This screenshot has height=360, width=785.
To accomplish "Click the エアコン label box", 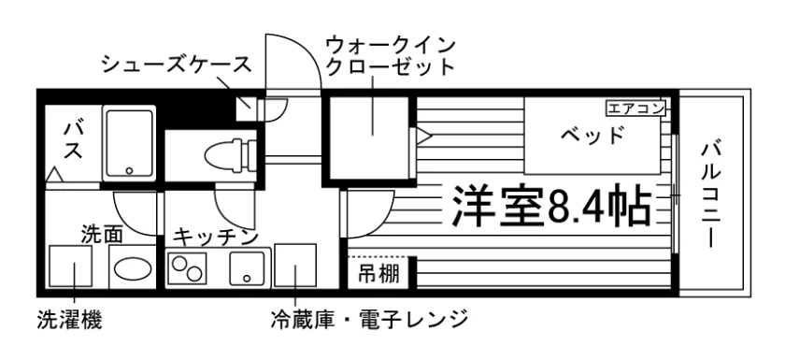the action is point(635,108).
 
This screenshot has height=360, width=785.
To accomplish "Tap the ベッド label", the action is point(592,136).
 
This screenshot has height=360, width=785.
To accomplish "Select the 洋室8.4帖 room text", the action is point(551,207).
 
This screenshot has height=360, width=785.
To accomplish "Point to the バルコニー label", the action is point(711,194).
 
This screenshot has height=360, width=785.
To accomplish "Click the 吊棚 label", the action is point(378,274).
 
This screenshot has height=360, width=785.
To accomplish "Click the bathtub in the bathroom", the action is point(129,143).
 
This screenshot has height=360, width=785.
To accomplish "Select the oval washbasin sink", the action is point(133,268).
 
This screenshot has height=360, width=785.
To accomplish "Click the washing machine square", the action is point(71,266).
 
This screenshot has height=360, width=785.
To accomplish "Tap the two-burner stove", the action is point(187,268).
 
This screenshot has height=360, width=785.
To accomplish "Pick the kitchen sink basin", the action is point(247,268).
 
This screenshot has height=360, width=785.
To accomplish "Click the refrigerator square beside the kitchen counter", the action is point(295,266).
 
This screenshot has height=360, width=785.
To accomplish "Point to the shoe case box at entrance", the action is point(245,108).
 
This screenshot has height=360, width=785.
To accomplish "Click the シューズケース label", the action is point(176,65).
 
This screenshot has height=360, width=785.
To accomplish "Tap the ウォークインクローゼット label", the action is point(391,55).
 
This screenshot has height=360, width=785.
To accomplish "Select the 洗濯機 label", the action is point(69,321).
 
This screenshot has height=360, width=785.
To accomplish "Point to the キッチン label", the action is point(216,237).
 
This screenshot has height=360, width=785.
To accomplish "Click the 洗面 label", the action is point(102,235).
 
